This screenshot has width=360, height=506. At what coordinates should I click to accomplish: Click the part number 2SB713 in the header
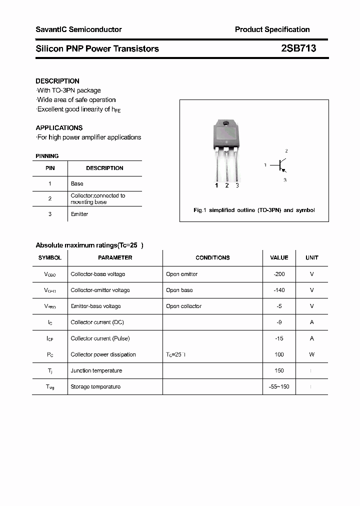[x=298, y=48]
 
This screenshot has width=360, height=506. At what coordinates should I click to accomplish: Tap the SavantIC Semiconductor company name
[x=78, y=29]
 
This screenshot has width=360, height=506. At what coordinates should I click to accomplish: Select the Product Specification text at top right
[x=272, y=29]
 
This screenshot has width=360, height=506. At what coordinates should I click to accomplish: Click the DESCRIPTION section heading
[x=57, y=81]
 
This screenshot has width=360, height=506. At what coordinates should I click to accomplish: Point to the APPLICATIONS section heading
[x=59, y=128]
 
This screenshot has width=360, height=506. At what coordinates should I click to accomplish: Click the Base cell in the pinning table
[x=77, y=184]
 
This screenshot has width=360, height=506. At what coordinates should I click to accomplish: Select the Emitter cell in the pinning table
[x=79, y=214]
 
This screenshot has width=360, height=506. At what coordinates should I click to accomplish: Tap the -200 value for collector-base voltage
[x=279, y=274]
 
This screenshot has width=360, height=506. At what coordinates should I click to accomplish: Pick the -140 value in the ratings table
[x=279, y=290]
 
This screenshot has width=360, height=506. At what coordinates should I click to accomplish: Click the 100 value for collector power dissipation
[x=279, y=354]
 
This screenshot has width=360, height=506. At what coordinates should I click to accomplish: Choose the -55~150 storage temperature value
[x=279, y=386]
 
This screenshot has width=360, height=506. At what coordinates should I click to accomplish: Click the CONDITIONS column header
[x=212, y=258]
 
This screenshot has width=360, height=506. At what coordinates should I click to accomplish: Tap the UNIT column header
[x=312, y=258]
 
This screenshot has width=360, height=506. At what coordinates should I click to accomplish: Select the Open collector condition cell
[x=183, y=306]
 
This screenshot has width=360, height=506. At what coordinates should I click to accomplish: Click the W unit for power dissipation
[x=312, y=354]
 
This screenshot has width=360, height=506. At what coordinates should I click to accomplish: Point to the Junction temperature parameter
[x=96, y=370]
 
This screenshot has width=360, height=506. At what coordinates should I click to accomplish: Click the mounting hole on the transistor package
[x=226, y=123]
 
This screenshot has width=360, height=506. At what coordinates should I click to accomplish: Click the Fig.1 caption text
[x=254, y=210]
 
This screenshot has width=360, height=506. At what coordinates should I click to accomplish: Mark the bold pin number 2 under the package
[x=227, y=185]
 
